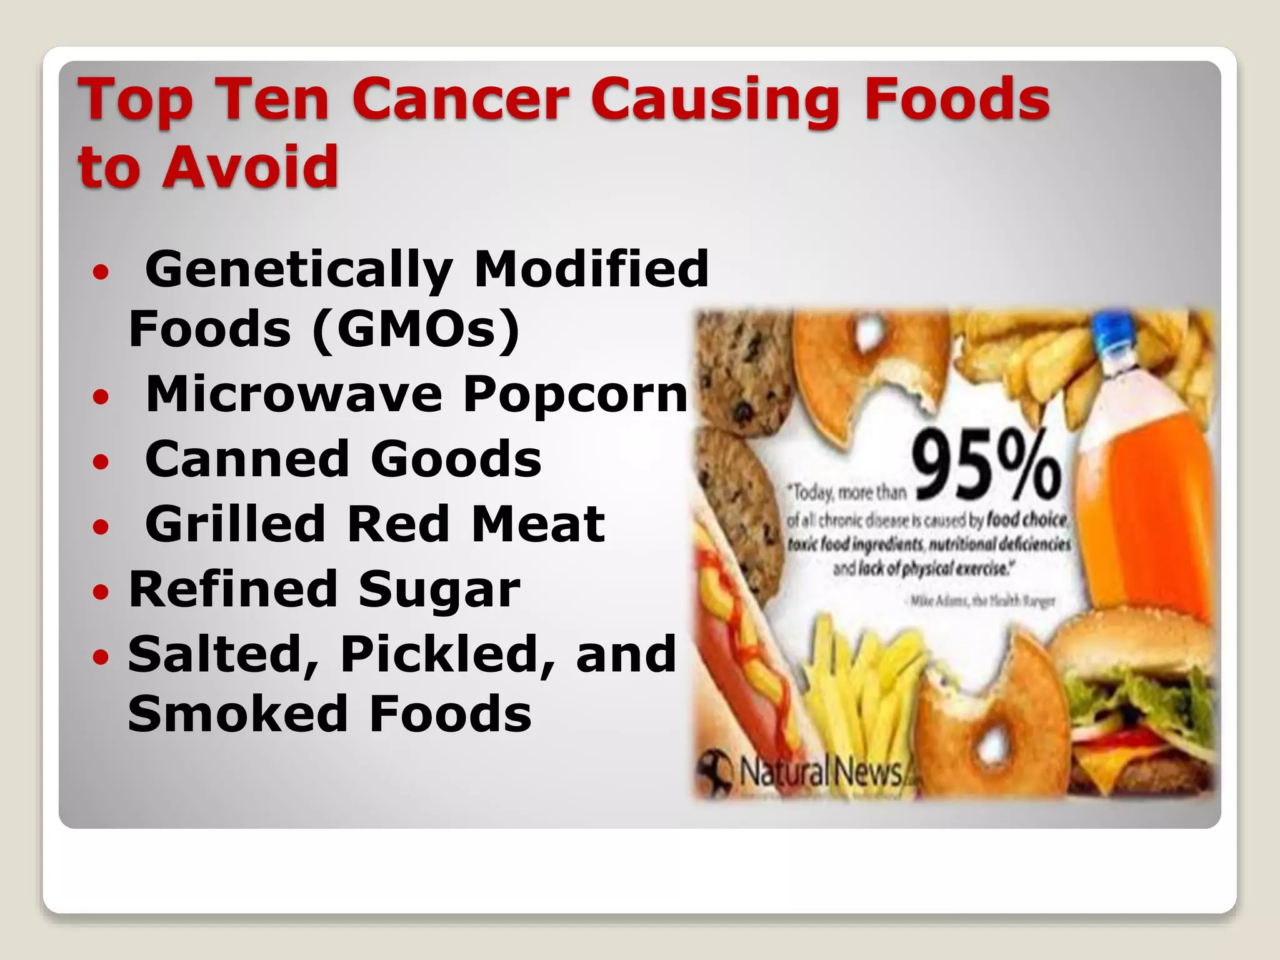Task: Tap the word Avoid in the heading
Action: click(x=250, y=166)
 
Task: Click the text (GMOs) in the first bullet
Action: click(x=416, y=329)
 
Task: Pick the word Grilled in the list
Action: click(x=235, y=524)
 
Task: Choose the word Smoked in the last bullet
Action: click(x=237, y=714)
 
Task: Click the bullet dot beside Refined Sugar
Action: click(x=100, y=590)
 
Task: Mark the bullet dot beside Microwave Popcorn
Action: click(x=100, y=396)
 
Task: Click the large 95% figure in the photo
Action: click(x=986, y=465)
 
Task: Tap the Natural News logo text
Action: click(x=821, y=772)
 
